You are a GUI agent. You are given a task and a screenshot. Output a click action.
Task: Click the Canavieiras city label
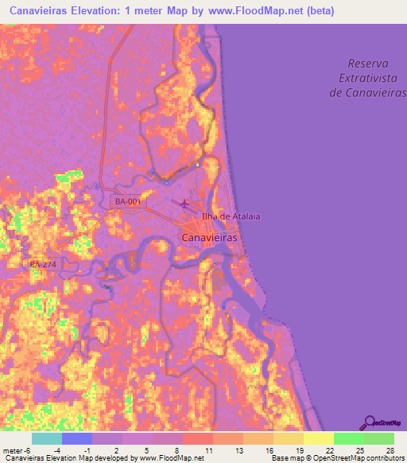pos(211,237)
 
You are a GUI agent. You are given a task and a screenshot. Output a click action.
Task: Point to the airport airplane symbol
pos(185,204)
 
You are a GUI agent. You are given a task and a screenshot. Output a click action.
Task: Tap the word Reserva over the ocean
pos(371,63)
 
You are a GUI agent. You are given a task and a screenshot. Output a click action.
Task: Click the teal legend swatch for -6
pos(47,438)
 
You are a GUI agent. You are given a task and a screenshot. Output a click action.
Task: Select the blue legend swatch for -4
pos(77,438)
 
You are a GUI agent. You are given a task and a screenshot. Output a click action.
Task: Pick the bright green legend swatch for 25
pos(348,438)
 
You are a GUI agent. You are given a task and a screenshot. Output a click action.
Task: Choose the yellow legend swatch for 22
pos(318,438)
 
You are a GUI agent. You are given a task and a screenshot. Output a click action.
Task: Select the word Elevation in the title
pos(102,11)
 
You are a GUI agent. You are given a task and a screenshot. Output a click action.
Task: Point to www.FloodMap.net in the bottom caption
pos(170,459)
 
